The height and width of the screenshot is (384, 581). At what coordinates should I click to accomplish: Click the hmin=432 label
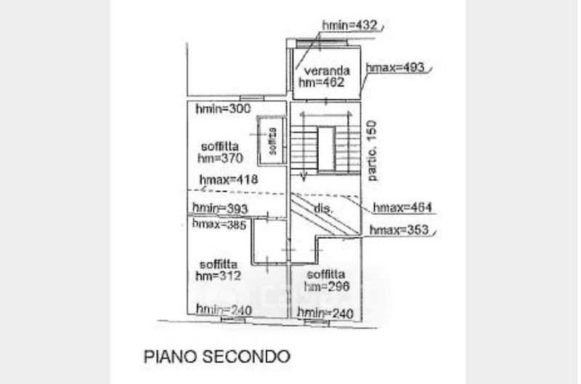[x=350, y=26]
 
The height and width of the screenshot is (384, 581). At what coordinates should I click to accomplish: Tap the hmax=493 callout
[x=394, y=68]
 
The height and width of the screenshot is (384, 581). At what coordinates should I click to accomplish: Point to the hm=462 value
[x=328, y=83]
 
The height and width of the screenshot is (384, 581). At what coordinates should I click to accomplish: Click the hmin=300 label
[x=223, y=110]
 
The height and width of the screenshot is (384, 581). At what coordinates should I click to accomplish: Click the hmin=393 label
[x=221, y=209]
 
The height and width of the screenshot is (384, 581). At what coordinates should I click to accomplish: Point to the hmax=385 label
[x=221, y=224]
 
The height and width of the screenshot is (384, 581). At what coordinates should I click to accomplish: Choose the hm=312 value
[x=218, y=276]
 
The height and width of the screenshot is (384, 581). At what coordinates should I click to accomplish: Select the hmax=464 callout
[x=402, y=208]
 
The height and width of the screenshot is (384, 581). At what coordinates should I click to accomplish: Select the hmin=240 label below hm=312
[x=223, y=311]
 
